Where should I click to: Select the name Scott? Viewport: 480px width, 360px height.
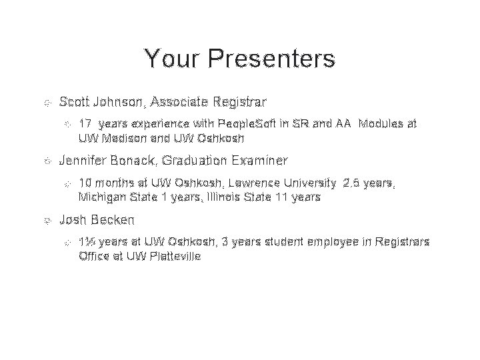pyautogui.click(x=75, y=103)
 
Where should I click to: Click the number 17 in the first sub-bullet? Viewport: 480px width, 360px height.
pyautogui.click(x=85, y=124)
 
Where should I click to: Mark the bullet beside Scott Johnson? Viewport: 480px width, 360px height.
pyautogui.click(x=45, y=103)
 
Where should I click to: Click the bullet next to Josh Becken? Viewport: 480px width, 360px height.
pyautogui.click(x=45, y=219)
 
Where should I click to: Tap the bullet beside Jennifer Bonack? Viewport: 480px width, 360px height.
pyautogui.click(x=45, y=161)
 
